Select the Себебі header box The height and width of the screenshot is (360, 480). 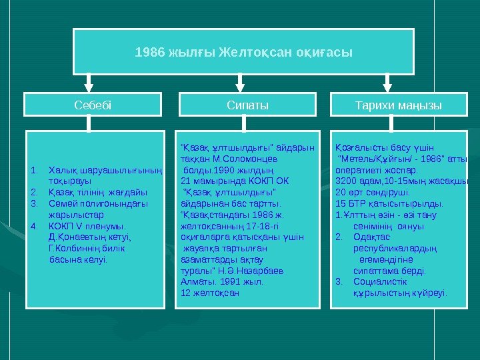coord(93,105)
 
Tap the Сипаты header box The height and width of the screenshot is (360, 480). coord(247,105)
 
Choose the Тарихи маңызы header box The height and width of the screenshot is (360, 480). coord(399,105)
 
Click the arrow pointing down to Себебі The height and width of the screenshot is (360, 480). coord(89,83)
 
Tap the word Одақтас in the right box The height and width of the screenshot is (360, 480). coord(369,237)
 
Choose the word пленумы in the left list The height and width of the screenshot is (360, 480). coord(99,226)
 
